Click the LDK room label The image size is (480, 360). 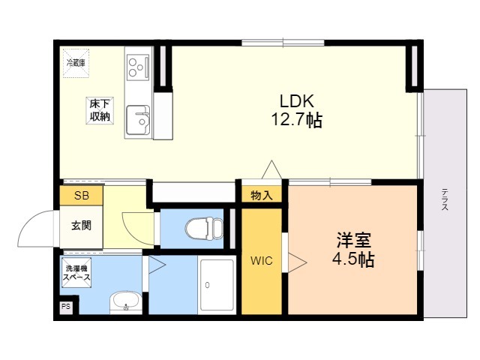point(297,101)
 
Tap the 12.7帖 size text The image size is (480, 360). point(297,120)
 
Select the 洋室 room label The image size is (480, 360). point(354,240)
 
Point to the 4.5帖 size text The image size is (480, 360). point(353,259)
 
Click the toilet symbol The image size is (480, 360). point(204,228)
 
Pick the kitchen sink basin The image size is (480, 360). point(138,120)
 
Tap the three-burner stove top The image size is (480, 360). point(138,67)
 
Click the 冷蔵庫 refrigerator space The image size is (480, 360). point(76,63)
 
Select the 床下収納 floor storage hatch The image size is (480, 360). point(100,111)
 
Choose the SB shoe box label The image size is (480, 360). point(82,196)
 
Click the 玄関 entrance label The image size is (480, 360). point(81,226)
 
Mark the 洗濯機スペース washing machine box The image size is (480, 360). point(76,273)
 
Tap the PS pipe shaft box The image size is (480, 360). point(66,307)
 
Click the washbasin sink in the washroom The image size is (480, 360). point(125,301)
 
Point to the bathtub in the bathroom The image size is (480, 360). point(217,285)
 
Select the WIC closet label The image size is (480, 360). point(262,261)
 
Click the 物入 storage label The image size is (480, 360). point(262,195)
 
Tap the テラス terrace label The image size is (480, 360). point(445,199)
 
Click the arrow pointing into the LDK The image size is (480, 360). point(271,169)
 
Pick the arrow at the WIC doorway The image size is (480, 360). point(297,262)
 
